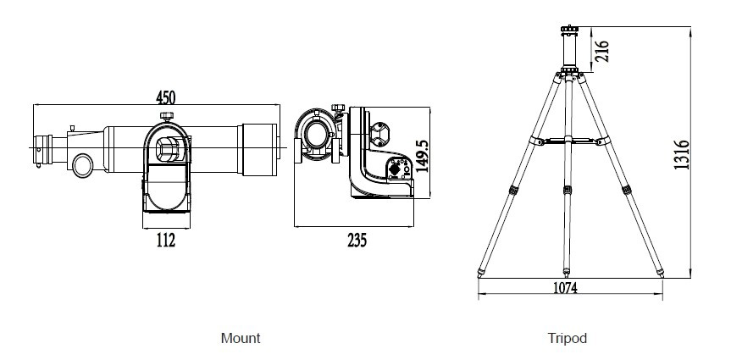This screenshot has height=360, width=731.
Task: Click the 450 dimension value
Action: (x=165, y=97)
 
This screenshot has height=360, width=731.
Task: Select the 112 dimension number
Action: (x=165, y=241)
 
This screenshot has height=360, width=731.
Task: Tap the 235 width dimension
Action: (x=357, y=241)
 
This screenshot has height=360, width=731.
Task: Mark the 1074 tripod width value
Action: (x=565, y=288)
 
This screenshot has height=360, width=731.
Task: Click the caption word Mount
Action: (x=241, y=338)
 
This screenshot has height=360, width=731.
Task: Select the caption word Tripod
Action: (x=567, y=338)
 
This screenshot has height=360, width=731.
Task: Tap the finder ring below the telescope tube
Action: (x=83, y=166)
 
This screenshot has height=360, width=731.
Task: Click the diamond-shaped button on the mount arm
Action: (x=395, y=169)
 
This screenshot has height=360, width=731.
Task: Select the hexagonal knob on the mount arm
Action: (x=380, y=134)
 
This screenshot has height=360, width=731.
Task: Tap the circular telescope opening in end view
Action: (x=317, y=135)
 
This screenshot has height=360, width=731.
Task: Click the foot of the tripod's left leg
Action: (x=480, y=273)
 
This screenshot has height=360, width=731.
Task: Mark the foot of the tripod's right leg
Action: (x=661, y=273)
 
